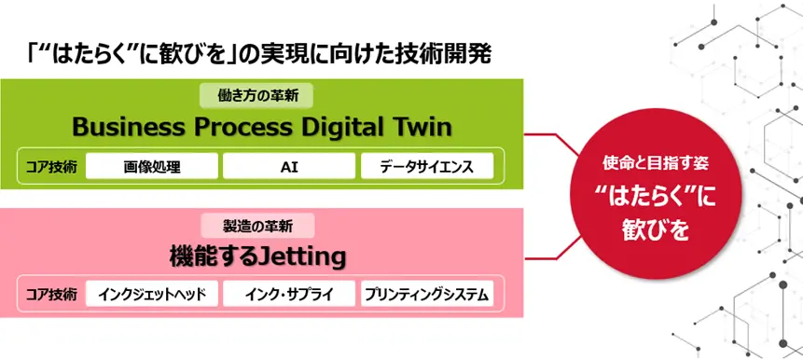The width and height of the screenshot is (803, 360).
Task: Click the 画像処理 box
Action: point(152,166)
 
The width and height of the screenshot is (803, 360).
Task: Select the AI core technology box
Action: point(289,166)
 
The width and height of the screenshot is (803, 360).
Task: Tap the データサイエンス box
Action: point(427,166)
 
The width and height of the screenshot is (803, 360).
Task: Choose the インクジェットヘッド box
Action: point(152,294)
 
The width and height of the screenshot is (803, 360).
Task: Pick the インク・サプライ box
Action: point(289,294)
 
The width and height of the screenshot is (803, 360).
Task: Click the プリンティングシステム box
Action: point(427,294)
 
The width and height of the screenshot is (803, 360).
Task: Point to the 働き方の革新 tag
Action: point(256,96)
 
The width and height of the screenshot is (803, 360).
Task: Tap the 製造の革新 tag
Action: point(257,226)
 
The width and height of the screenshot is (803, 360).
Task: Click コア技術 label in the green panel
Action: point(51,167)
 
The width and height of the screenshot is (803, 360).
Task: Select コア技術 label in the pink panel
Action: point(51,295)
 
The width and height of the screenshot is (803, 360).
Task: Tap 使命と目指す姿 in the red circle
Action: point(658,164)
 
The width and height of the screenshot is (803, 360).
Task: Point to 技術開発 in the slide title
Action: point(444,54)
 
